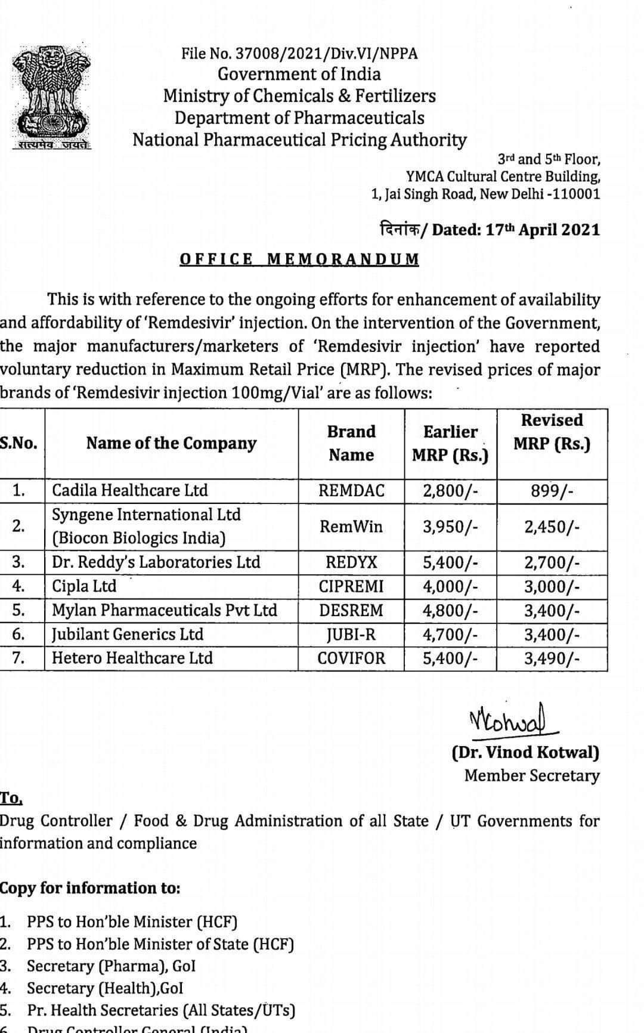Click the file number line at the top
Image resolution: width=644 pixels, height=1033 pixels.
[299, 54]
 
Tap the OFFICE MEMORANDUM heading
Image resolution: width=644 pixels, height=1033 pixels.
[299, 259]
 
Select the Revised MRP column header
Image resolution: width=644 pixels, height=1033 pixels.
[552, 432]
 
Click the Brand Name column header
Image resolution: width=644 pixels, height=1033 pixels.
[351, 443]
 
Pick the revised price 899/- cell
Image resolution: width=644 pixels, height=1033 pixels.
[552, 491]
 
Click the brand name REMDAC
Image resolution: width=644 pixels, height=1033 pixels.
[351, 491]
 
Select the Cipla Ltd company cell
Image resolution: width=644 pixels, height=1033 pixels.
[85, 586]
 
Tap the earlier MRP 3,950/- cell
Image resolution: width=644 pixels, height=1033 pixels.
[450, 527]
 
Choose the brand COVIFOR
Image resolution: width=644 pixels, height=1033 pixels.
[351, 658]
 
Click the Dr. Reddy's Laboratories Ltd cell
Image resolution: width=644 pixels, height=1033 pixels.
[156, 562]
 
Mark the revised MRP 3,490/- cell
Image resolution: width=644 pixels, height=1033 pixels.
[552, 658]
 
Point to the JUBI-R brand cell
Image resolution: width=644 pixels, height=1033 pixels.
[351, 635]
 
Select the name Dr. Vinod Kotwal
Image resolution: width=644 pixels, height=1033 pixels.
[525, 752]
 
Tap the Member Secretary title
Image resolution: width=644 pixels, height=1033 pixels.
[532, 776]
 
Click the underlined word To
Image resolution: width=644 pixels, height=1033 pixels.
[11, 798]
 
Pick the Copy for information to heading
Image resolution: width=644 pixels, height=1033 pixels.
[89, 888]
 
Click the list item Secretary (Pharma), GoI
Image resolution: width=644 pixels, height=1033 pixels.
[111, 966]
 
